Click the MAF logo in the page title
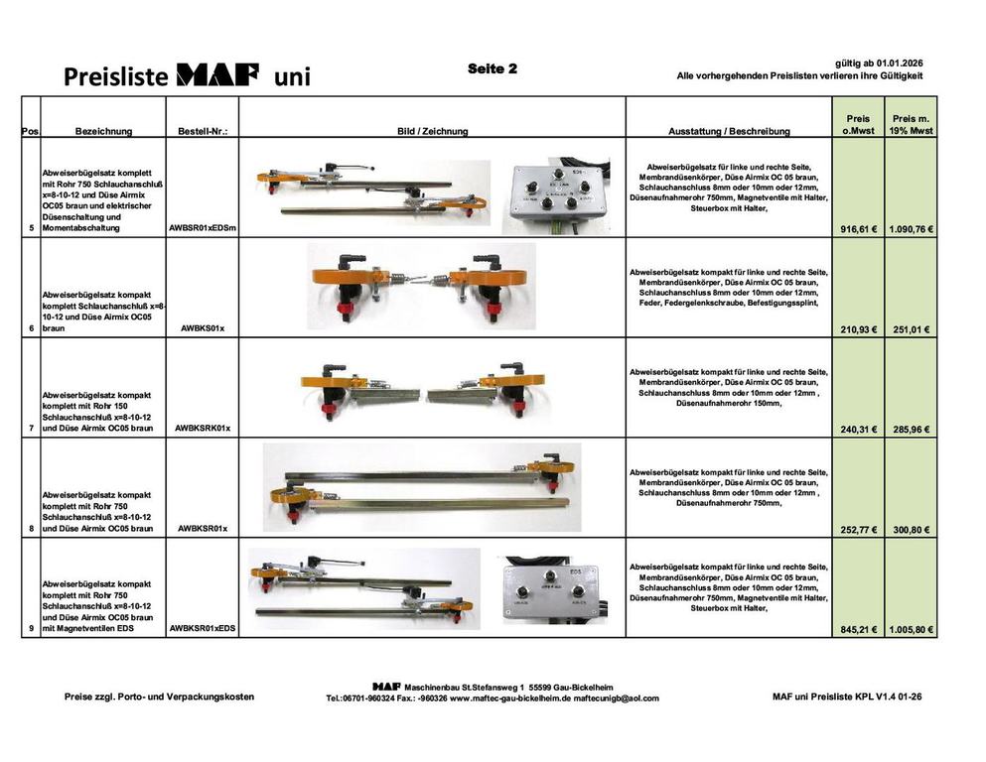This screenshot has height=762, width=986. click(217, 74)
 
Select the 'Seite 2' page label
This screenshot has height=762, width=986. click(493, 68)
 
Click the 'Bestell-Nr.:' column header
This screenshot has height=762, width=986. click(203, 131)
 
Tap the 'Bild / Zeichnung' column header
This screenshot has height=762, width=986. click(433, 131)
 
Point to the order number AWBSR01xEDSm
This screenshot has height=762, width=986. click(203, 228)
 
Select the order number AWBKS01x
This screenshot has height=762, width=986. click(203, 327)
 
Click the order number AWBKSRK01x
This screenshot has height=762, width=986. click(203, 429)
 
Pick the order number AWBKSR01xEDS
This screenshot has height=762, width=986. click(203, 628)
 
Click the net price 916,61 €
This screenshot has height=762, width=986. click(858, 229)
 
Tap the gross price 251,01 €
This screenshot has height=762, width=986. click(912, 329)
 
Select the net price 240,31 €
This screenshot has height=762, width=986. click(858, 430)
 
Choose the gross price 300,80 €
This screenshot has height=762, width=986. click(912, 530)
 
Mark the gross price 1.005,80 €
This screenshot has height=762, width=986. click(912, 629)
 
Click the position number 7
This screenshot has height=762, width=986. click(32, 429)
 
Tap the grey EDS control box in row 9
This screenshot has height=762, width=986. click(551, 589)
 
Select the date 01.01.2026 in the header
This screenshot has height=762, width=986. click(900, 63)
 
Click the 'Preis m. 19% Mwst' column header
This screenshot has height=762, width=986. click(912, 124)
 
